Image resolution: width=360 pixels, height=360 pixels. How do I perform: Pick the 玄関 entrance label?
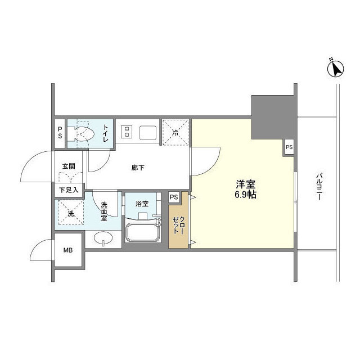69,166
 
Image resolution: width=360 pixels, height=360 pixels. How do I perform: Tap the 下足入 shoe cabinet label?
69,190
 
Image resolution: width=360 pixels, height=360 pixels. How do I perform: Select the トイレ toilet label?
106,134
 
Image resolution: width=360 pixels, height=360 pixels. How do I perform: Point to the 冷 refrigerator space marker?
175,133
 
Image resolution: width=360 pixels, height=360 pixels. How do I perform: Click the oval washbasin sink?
103,238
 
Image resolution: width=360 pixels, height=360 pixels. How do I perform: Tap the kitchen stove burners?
127,133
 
